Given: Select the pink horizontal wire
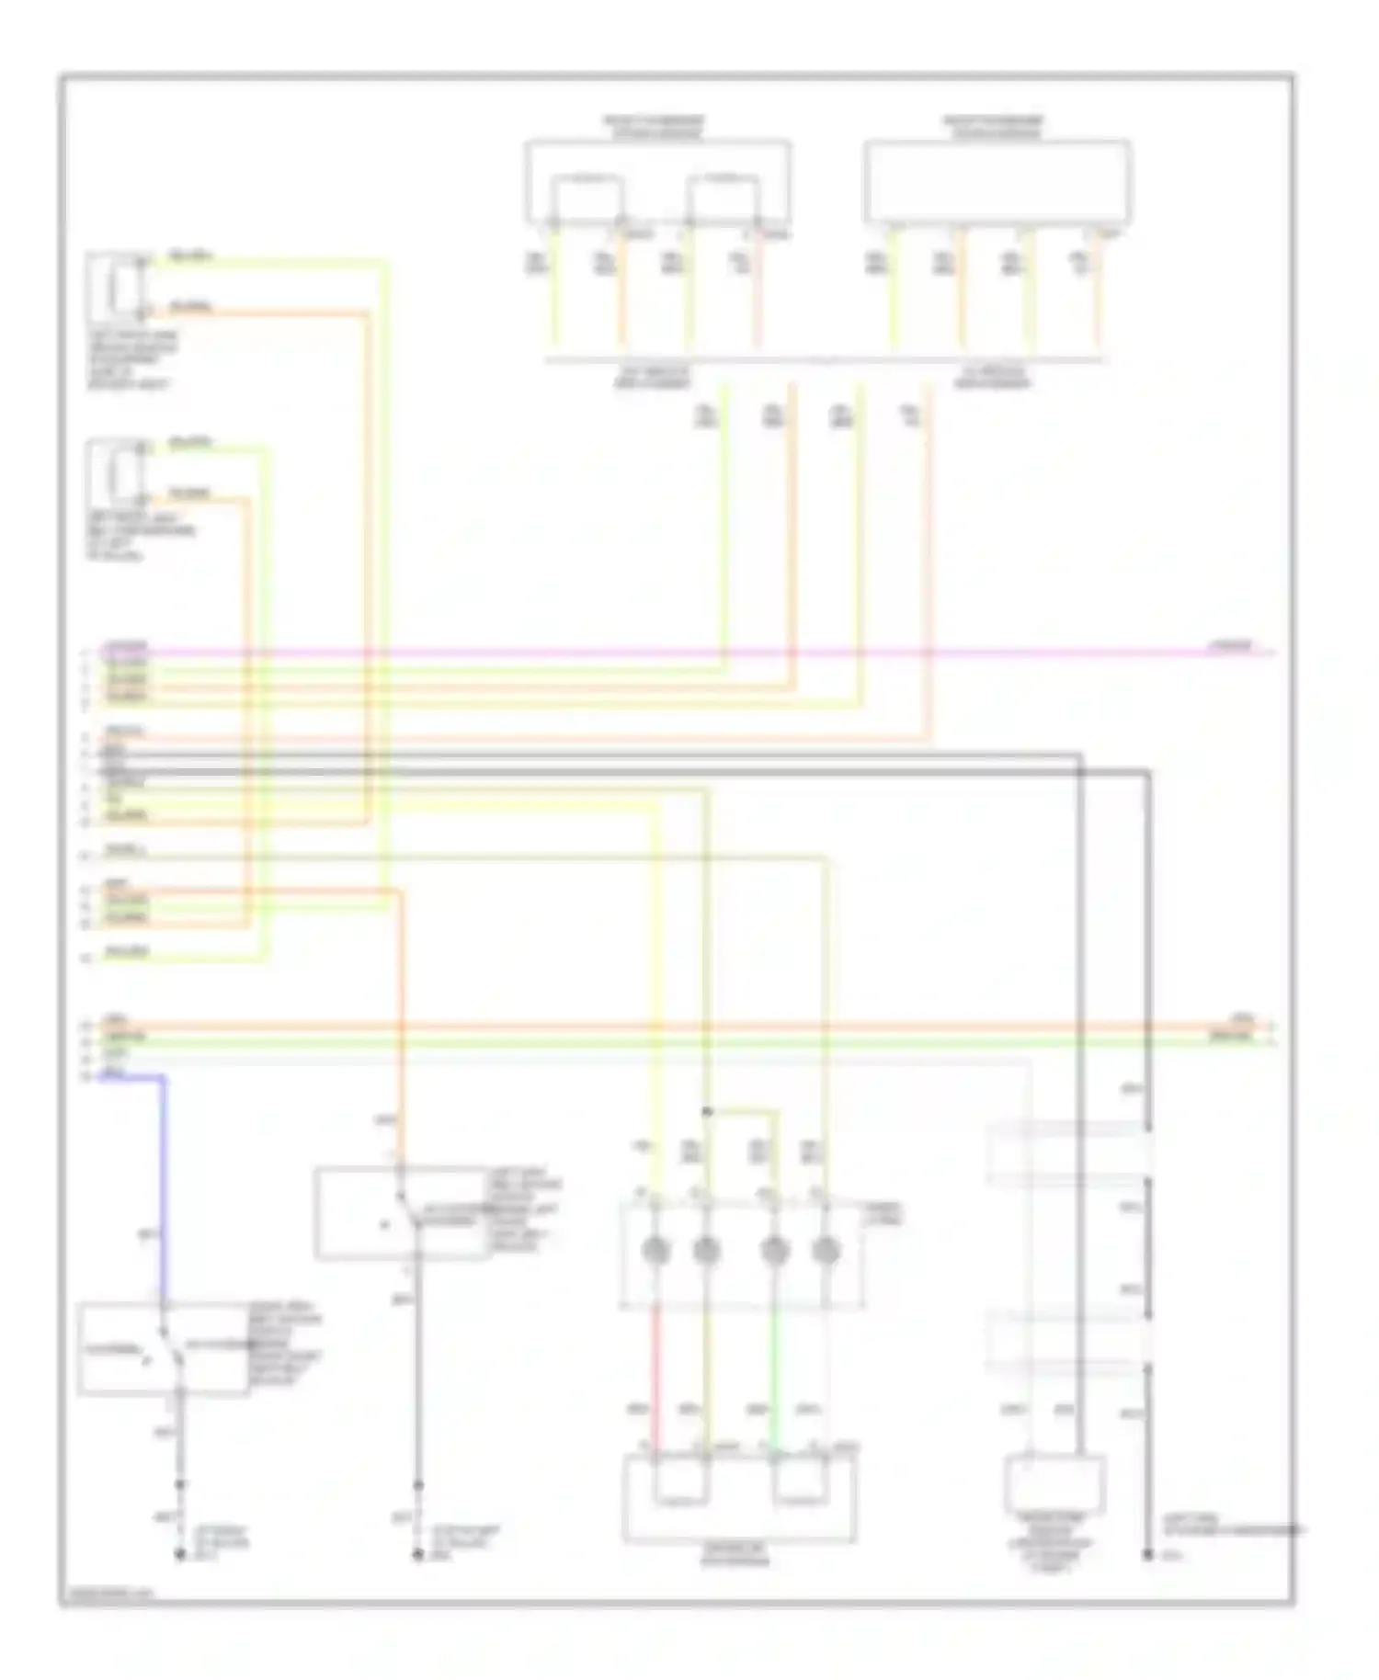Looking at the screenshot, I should coord(644,653).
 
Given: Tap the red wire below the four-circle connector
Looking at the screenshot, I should coord(656,1379).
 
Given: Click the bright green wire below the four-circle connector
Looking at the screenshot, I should coord(775,1379).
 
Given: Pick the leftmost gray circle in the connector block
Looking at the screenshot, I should coord(655,1250).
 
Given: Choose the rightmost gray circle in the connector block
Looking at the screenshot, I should coord(826,1250).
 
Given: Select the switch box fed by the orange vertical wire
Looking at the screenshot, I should coord(400,1213).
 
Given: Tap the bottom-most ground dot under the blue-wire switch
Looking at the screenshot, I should coord(180,1555).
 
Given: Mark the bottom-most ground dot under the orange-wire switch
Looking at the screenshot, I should coord(417,1555).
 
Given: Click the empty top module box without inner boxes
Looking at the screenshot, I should coord(997,181).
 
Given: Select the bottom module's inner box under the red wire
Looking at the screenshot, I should coord(680,1481).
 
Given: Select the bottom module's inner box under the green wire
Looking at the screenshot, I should coord(800,1481).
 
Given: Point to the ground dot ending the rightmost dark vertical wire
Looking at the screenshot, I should coord(1147,1555).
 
